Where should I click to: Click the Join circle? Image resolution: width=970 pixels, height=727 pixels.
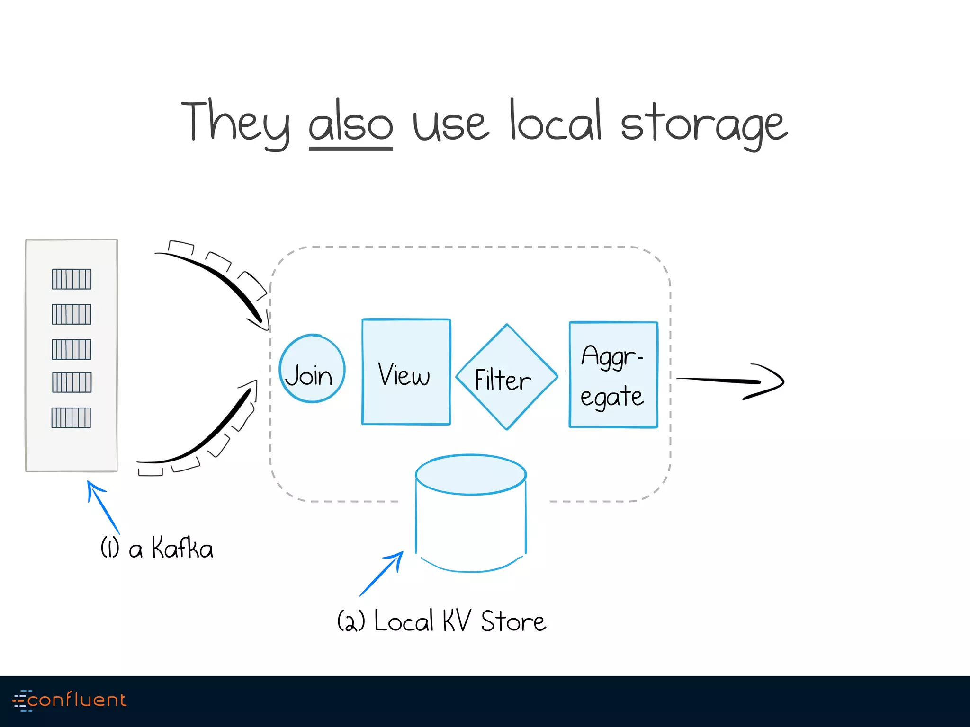click(x=312, y=369)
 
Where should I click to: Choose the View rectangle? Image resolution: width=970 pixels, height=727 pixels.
click(x=406, y=372)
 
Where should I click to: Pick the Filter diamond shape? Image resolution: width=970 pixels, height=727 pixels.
click(x=506, y=377)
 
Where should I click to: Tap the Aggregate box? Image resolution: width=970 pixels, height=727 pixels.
click(x=613, y=375)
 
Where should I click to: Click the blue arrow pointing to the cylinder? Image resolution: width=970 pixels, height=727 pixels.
click(x=381, y=574)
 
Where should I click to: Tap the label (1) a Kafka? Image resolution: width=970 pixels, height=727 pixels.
click(x=157, y=548)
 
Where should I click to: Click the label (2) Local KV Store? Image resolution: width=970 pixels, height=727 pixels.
click(x=441, y=621)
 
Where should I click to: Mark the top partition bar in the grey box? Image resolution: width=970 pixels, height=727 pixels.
click(x=72, y=279)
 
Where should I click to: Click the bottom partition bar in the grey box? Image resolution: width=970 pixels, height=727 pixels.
click(x=71, y=417)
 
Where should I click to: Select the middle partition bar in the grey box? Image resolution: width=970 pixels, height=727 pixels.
click(x=72, y=349)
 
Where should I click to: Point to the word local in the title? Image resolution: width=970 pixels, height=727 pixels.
click(x=555, y=121)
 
